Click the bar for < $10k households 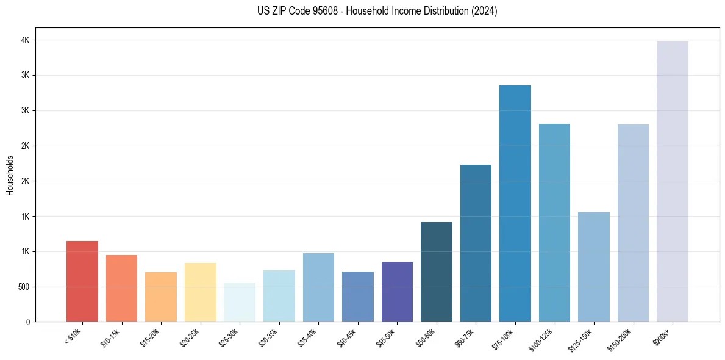coord(82,281)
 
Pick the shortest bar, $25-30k coord(240,302)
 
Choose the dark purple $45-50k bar coord(397,292)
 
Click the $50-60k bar coord(436,272)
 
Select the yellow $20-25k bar coord(200,292)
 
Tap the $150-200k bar coord(633,223)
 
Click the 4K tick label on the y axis coord(24,40)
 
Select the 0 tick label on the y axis coord(27,322)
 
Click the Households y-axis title coord(10,175)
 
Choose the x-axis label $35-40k coord(312,337)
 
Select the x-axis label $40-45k coord(351,337)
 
